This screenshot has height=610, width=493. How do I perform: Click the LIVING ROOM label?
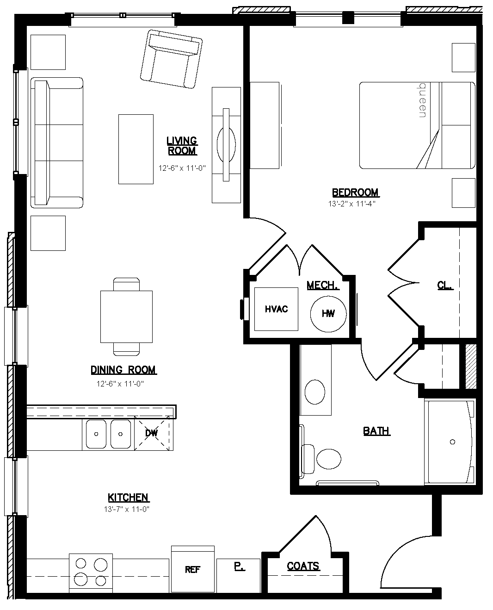(182, 146)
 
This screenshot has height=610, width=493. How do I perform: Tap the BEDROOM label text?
(355, 193)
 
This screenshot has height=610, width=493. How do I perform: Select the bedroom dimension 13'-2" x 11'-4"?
(351, 204)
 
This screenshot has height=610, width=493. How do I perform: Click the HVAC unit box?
(276, 309)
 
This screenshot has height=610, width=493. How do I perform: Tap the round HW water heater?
(328, 314)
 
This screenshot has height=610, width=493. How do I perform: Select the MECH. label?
(323, 285)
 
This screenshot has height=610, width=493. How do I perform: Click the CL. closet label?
(445, 285)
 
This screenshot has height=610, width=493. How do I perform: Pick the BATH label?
(376, 431)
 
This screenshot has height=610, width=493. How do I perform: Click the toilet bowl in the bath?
(328, 459)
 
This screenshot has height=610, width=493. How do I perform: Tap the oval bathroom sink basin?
(315, 392)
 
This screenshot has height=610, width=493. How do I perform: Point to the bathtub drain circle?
(452, 442)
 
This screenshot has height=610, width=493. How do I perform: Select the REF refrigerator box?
(192, 569)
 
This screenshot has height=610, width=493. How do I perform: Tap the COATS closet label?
(303, 566)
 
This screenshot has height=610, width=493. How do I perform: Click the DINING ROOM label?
(123, 370)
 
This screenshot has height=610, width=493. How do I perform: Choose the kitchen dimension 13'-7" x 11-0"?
(126, 509)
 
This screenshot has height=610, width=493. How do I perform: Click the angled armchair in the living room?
(171, 59)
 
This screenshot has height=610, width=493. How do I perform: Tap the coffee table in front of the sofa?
(136, 149)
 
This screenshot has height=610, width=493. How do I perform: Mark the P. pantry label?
(239, 566)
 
